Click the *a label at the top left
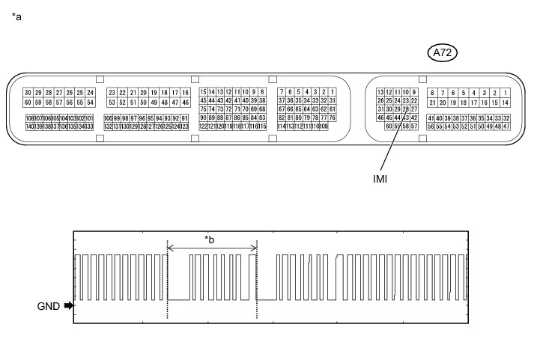click(16, 16)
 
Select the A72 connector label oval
click(443, 52)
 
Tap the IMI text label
click(380, 179)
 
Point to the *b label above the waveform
click(211, 240)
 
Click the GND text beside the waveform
click(48, 305)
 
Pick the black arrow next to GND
click(69, 305)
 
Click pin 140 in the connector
click(29, 127)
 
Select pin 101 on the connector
click(90, 118)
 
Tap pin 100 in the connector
click(108, 118)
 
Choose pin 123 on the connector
click(185, 127)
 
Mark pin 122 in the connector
click(203, 127)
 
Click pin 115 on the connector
click(262, 127)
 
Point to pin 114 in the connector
click(281, 127)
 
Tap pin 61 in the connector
click(333, 109)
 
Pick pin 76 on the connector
click(333, 118)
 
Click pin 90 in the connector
click(203, 118)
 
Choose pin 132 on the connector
click(108, 127)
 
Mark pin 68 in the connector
click(262, 109)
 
